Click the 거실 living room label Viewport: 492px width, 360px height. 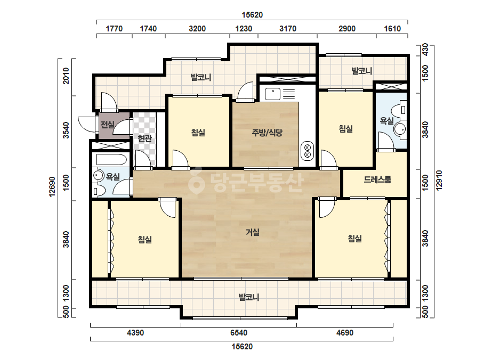coord(252,232)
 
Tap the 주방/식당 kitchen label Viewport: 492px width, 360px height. coord(267,132)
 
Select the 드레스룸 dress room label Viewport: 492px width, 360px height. coord(377,179)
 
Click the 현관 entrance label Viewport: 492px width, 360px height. coord(144,138)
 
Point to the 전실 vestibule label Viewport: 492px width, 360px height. coord(107,125)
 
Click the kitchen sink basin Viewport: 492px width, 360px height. coord(272,94)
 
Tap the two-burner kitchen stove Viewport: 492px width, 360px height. coord(308,151)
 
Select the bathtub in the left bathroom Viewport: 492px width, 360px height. coord(111,160)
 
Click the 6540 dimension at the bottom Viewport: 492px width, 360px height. coord(239,333)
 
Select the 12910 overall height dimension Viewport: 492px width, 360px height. coord(439,180)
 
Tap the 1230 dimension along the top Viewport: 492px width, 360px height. coord(244,29)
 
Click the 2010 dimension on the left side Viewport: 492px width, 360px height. coord(66,76)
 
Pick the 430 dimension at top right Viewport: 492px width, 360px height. coord(425,50)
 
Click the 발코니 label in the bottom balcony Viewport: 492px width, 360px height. coord(249,297)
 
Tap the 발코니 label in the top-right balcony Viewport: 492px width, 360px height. coord(362,70)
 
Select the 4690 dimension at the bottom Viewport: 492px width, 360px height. coord(345,333)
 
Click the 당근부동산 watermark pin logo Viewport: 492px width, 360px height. coord(196,181)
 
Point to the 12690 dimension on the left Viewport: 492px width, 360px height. coord(52,187)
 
